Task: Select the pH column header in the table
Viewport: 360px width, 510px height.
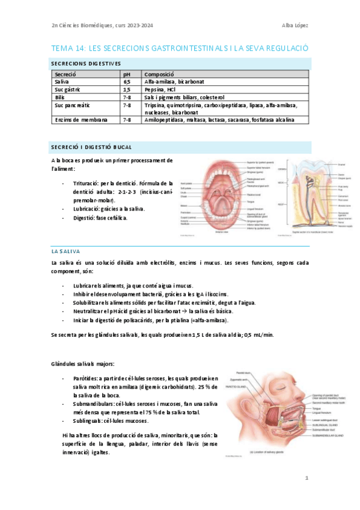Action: (127, 73)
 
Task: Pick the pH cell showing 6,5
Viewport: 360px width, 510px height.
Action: (127, 81)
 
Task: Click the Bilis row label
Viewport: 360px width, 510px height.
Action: (61, 97)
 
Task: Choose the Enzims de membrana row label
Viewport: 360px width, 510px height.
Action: (81, 120)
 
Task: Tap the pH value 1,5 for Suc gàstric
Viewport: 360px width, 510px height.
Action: (127, 89)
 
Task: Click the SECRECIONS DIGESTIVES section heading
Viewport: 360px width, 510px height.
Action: (86, 63)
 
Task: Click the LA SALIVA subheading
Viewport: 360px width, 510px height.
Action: (66, 250)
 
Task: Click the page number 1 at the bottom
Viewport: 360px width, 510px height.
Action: (307, 478)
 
